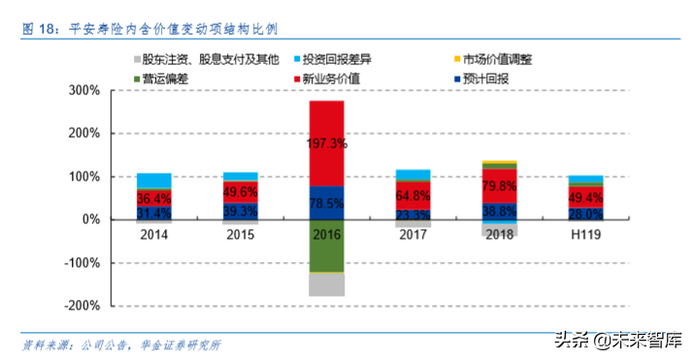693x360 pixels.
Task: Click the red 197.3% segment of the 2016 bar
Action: pos(327,143)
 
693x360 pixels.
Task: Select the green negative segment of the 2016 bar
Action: pos(327,245)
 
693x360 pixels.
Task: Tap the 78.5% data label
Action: pos(327,203)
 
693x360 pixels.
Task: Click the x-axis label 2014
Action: pos(154,234)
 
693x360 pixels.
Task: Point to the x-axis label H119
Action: pos(585,234)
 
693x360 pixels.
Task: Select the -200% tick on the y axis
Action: pos(82,305)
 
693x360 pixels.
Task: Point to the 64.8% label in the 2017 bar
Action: pos(413,195)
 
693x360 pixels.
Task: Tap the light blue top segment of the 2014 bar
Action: pos(154,180)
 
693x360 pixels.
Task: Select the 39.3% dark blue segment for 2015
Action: pos(241,211)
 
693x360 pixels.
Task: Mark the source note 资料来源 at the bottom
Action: pos(122,344)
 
